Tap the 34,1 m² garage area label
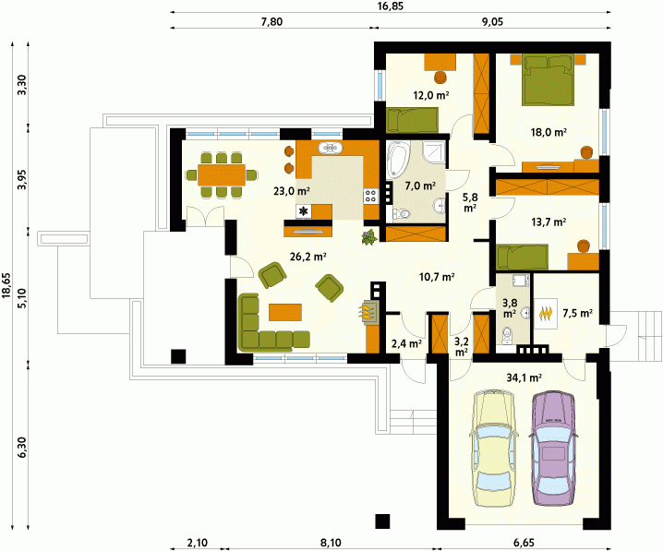click(x=524, y=377)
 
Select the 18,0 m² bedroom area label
click(x=548, y=132)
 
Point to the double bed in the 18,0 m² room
click(x=548, y=79)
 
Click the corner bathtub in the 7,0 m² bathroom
click(x=398, y=160)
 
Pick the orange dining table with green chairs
click(x=222, y=175)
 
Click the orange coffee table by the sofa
click(x=285, y=312)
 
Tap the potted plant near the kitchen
click(x=369, y=237)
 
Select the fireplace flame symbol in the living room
click(x=367, y=312)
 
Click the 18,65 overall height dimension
click(x=6, y=285)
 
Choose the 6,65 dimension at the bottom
click(x=523, y=542)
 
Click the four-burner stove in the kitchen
click(x=371, y=196)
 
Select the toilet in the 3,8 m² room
click(x=507, y=334)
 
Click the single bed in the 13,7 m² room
click(x=523, y=257)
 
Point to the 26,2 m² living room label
click(x=307, y=256)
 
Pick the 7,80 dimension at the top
click(x=271, y=21)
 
